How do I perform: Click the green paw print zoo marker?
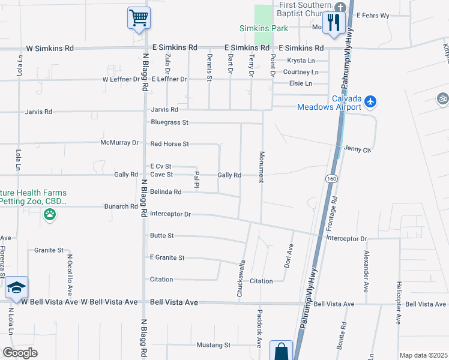50,214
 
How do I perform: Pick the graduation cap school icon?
16,287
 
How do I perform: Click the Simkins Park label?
264,28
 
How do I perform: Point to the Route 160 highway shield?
331,179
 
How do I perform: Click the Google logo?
20,353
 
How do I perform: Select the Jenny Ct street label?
357,149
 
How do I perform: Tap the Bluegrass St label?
169,122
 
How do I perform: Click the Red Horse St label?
169,144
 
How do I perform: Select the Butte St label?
162,236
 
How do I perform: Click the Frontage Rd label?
334,213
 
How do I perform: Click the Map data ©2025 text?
423,355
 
